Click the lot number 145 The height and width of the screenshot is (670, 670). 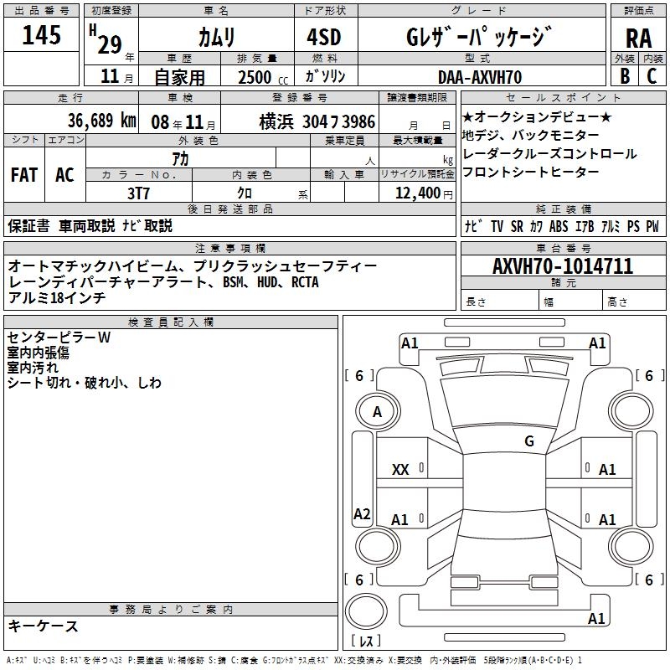tap(42, 36)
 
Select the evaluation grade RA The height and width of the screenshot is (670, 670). tap(638, 39)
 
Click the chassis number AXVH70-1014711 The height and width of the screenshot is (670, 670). tap(563, 267)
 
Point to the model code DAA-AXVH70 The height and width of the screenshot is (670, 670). tap(481, 77)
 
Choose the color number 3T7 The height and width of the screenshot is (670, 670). tap(138, 193)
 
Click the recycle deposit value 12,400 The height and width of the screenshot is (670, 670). tap(416, 193)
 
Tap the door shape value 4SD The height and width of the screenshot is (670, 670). tap(324, 37)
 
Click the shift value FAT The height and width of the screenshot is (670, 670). tap(23, 175)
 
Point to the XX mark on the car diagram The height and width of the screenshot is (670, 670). tap(400, 470)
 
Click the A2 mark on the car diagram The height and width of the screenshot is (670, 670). tap(362, 514)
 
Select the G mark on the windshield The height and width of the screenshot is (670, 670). tap(528, 441)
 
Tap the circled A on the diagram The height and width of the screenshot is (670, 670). tap(377, 411)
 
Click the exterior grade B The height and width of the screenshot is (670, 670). tap(624, 76)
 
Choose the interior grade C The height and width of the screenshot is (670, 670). tap(652, 76)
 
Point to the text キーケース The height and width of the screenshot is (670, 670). tap(44, 626)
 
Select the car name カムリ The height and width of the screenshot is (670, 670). tap(217, 38)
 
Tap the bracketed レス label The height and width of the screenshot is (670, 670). tap(366, 642)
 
